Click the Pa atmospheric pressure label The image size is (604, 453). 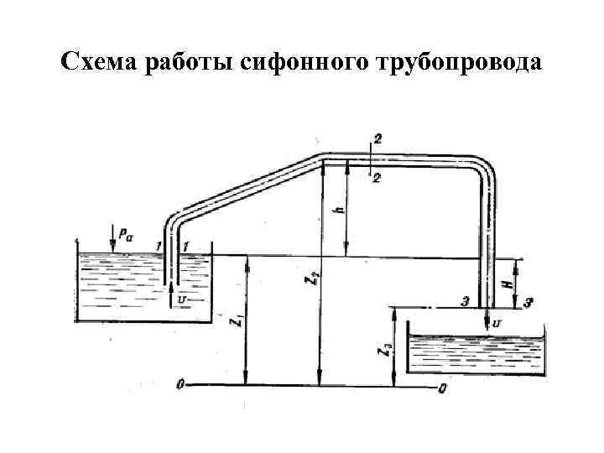pyautogui.click(x=125, y=236)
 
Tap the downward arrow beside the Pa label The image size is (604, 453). pyautogui.click(x=112, y=238)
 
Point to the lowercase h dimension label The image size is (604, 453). pyautogui.click(x=337, y=212)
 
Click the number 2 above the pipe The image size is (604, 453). pyautogui.click(x=378, y=142)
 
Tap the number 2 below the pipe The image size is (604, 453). pyautogui.click(x=377, y=178)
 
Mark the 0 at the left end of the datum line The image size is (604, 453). pyautogui.click(x=180, y=385)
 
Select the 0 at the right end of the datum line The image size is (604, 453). pyautogui.click(x=443, y=388)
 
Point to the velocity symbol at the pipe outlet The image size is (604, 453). pyautogui.click(x=497, y=322)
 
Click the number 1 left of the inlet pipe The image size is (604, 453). pyautogui.click(x=158, y=245)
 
